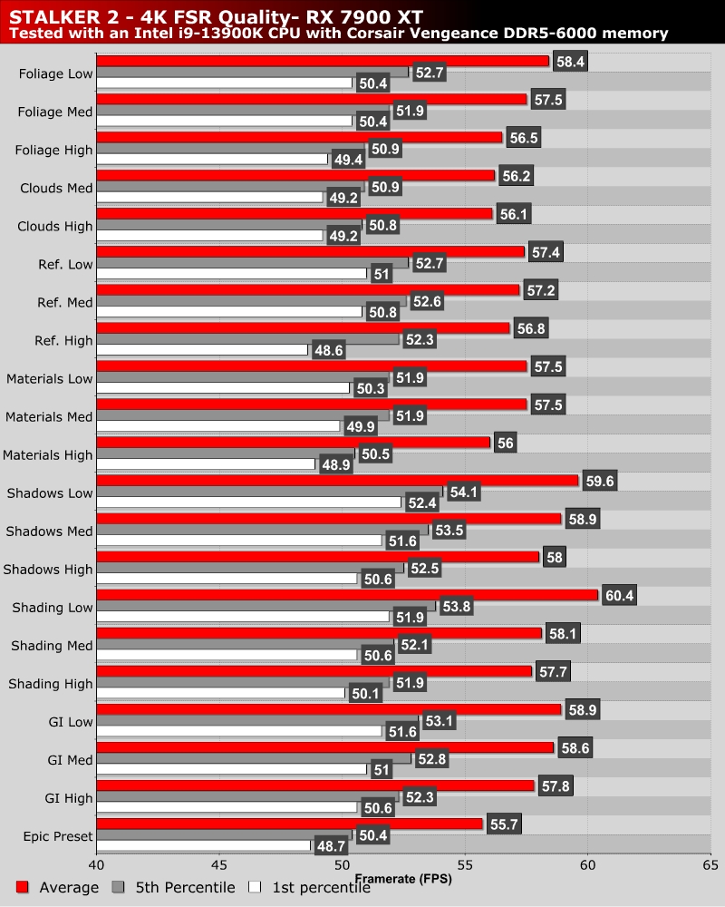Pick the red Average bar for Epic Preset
(x=289, y=824)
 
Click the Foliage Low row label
(x=55, y=73)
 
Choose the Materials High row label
(x=48, y=454)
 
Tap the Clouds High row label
(x=56, y=226)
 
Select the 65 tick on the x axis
(x=710, y=864)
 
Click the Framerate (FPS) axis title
(x=403, y=879)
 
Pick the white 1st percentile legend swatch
(x=255, y=887)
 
